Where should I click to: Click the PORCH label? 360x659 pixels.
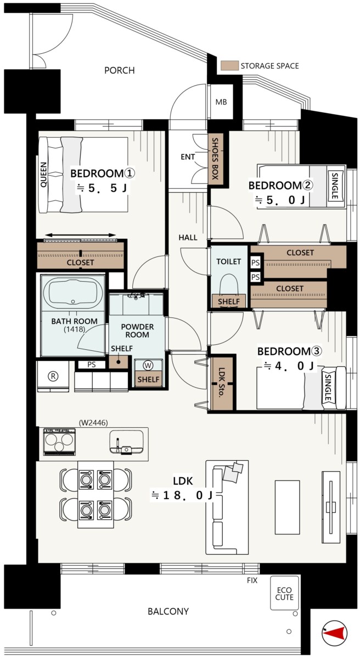119,70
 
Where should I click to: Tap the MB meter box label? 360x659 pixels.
221,102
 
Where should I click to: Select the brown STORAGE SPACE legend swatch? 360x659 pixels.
229,65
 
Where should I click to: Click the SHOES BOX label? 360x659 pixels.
215,159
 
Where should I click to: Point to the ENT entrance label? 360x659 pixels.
188,157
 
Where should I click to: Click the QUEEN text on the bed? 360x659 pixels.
43,175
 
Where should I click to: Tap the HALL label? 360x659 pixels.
188,237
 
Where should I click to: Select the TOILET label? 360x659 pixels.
229,261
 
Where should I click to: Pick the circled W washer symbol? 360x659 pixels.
148,366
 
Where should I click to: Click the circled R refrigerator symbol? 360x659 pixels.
53,376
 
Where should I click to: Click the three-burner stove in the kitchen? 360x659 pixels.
60,442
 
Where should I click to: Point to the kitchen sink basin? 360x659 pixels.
126,442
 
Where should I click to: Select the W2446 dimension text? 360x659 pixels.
93,423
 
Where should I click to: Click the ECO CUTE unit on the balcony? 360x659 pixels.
284,593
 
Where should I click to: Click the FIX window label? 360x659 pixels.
252,580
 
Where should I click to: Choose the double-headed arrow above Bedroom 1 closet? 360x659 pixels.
81,235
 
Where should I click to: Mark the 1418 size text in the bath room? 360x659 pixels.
74,329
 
